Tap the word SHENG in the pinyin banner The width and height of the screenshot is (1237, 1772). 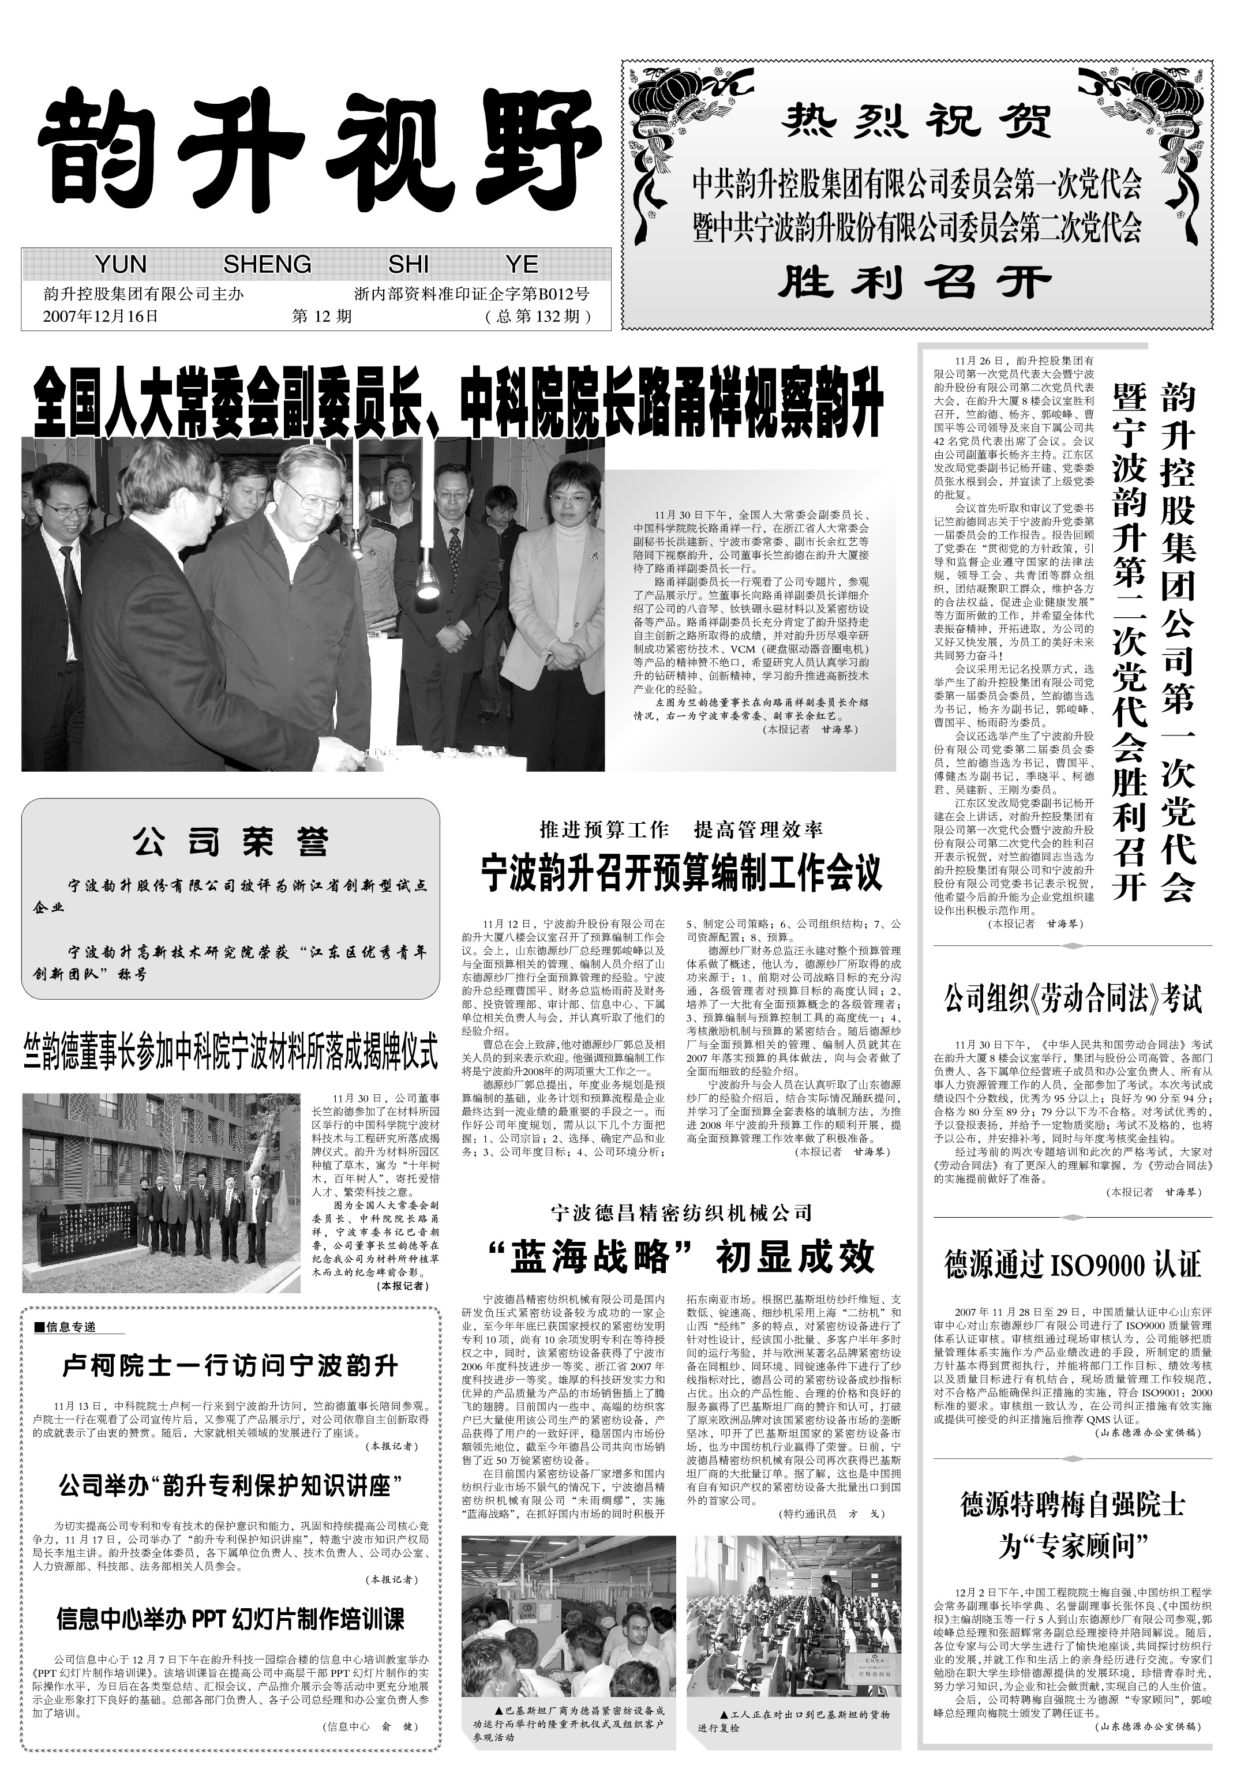tap(267, 265)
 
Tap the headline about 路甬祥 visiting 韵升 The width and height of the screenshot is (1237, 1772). tap(458, 402)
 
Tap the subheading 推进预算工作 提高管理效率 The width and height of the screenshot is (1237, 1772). tap(681, 831)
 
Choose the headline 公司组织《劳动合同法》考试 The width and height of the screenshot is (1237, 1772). tap(1073, 1000)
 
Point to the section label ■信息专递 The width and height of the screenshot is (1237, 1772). tap(66, 1327)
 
